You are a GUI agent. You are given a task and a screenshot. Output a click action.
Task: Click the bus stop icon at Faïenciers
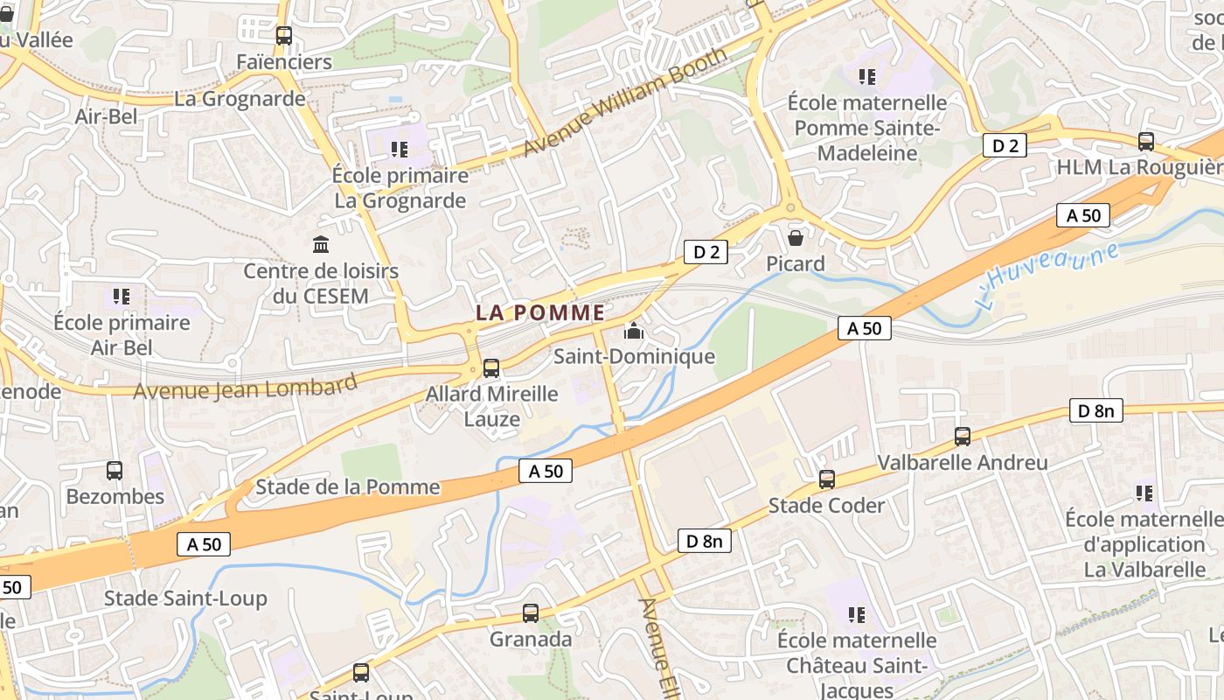(x=283, y=36)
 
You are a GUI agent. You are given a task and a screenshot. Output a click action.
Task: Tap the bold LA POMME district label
(x=540, y=312)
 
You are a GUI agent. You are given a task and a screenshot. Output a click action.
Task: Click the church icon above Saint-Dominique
(x=634, y=332)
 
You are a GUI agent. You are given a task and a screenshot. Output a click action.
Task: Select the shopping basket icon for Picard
(x=796, y=238)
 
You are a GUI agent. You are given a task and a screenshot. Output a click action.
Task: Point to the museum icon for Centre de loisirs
(x=321, y=244)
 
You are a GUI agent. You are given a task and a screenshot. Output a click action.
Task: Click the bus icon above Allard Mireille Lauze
(x=491, y=368)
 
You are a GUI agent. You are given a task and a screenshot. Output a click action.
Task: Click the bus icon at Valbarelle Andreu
(x=963, y=436)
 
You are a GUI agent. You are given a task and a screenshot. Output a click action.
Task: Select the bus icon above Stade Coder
(x=827, y=479)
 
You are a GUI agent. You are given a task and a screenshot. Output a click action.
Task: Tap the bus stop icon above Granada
(x=531, y=613)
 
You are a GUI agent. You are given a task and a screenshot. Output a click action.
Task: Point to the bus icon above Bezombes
(x=115, y=471)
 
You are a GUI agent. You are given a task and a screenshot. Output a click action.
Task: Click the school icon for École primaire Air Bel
(x=122, y=297)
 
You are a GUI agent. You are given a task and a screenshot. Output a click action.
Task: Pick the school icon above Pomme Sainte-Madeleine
(x=867, y=77)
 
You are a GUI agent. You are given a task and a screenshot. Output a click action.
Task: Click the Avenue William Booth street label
(x=624, y=102)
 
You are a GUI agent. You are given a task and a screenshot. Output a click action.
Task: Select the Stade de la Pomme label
(x=347, y=486)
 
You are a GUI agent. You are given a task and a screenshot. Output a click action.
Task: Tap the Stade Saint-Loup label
(x=185, y=598)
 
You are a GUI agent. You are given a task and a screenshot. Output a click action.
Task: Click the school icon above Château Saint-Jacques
(x=857, y=614)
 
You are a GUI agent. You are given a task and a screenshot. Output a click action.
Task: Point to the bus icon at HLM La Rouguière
(x=1145, y=141)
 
